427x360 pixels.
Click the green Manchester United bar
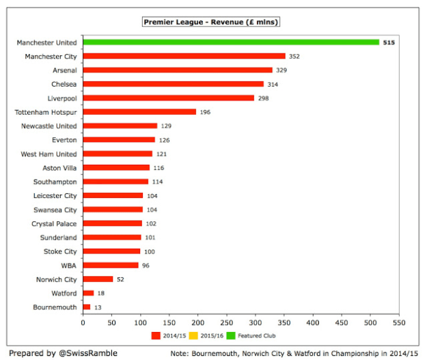[231, 42]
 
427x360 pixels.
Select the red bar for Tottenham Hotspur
[139, 112]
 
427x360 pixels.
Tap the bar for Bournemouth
[87, 307]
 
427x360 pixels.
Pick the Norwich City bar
[98, 279]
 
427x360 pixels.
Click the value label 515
[389, 42]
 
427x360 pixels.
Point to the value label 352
[294, 57]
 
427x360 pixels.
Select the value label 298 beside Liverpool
[264, 98]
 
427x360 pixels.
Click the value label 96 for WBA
[146, 266]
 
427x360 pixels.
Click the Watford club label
[62, 294]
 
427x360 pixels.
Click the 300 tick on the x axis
[256, 323]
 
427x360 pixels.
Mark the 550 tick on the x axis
[399, 323]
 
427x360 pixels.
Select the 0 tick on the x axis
[83, 323]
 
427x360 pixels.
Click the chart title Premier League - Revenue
[212, 23]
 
